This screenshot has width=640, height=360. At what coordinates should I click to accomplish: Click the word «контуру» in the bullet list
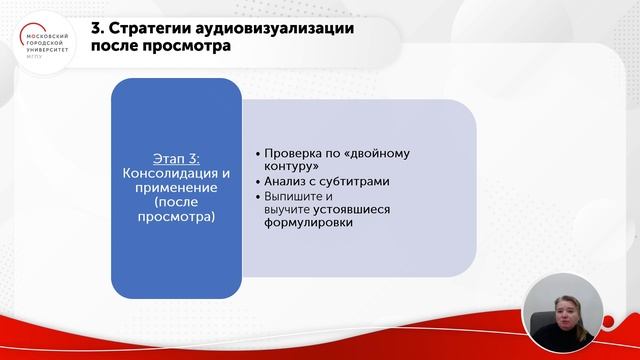(290, 167)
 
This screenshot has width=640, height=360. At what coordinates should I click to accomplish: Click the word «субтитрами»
(361, 182)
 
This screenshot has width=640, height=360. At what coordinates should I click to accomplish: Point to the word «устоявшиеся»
(354, 210)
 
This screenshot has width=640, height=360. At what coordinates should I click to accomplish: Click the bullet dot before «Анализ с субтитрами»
(257, 182)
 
